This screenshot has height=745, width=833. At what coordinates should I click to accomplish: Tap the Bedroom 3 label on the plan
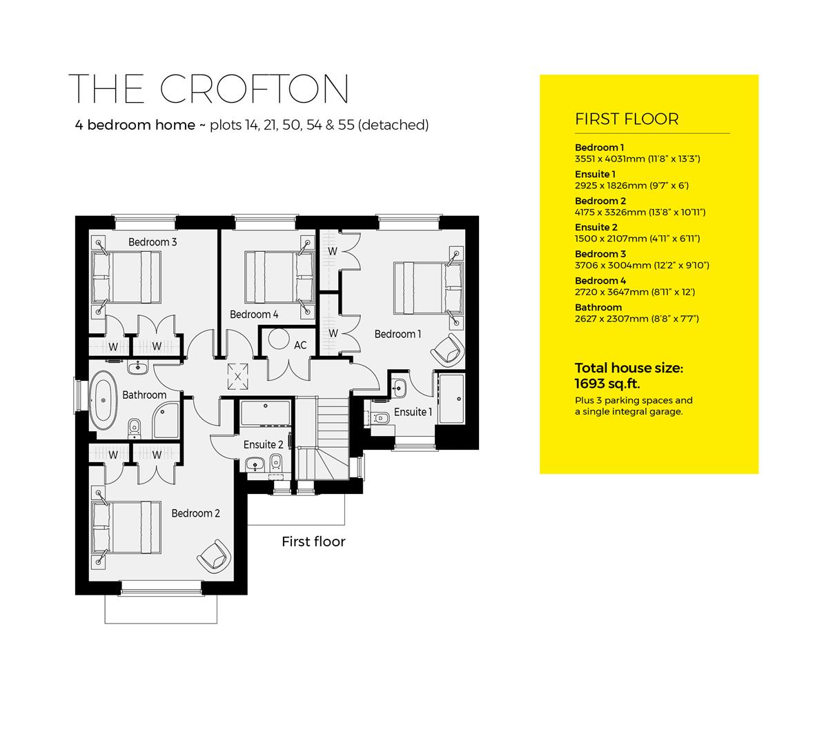click(153, 242)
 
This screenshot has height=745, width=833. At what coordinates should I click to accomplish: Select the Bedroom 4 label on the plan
click(254, 315)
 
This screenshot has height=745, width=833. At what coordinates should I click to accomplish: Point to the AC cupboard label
click(300, 345)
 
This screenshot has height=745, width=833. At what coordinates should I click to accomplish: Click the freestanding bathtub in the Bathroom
click(104, 397)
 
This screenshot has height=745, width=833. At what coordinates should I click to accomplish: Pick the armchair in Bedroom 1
click(446, 349)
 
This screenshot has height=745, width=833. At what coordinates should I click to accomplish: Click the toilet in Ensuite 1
click(380, 417)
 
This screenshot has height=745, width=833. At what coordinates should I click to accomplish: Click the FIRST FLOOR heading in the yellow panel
click(627, 119)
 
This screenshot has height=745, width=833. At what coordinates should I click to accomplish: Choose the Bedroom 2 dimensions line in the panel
click(640, 212)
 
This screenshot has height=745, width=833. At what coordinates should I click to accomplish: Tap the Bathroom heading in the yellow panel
click(598, 308)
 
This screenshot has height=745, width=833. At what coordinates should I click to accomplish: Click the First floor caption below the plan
click(313, 542)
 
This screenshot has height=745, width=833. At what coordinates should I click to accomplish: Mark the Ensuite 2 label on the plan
click(263, 445)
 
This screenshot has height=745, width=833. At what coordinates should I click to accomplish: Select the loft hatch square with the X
click(237, 376)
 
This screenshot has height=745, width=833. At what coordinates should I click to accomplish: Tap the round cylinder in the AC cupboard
click(279, 339)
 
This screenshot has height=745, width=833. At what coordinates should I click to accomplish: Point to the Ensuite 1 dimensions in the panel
click(631, 186)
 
